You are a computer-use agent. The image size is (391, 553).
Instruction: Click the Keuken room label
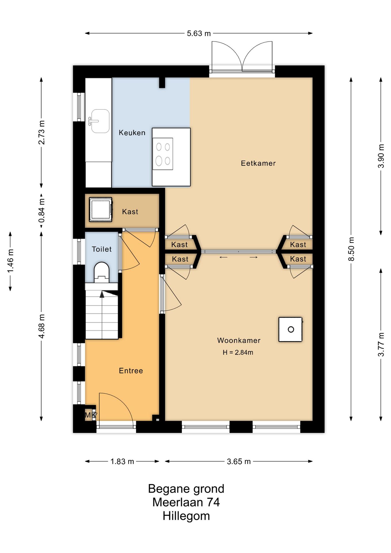point(132,133)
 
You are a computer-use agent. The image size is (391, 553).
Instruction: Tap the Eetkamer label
point(258,163)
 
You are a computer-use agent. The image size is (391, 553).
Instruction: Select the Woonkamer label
point(239,340)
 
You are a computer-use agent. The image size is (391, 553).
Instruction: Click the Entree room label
point(131,371)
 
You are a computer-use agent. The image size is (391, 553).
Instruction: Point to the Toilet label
point(102,249)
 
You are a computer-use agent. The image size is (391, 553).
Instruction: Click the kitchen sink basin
point(100,121)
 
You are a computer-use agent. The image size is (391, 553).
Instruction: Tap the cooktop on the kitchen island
point(163,154)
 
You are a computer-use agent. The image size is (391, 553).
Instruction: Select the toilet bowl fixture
point(102,272)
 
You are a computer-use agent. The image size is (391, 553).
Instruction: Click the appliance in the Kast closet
point(100,209)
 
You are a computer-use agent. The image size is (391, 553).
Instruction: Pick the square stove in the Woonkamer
point(291,329)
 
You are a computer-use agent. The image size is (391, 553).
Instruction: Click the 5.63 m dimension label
point(199,33)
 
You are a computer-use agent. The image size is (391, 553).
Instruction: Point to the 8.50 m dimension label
point(351,249)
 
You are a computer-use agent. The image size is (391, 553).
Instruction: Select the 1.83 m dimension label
point(122,461)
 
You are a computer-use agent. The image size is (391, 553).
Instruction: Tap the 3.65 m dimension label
point(239,461)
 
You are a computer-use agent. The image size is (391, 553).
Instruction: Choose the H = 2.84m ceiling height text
point(238,352)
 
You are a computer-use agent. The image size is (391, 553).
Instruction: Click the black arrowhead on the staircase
point(102,294)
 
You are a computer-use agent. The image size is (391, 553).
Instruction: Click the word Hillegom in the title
point(186,516)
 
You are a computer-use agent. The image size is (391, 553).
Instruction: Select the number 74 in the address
point(213,502)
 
